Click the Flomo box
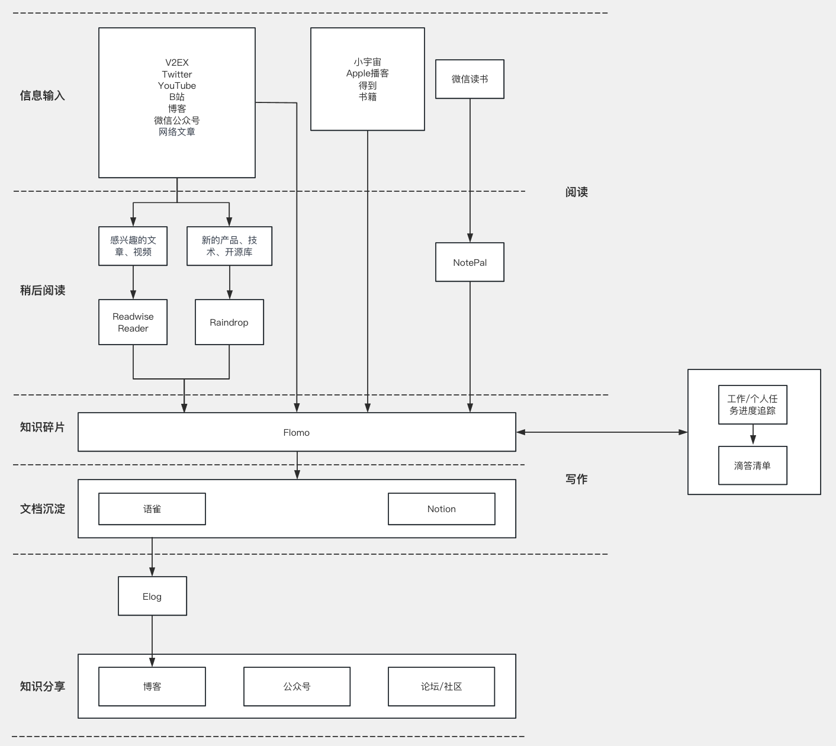click(x=297, y=432)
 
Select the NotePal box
click(x=470, y=262)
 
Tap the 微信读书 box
click(x=470, y=79)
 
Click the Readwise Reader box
click(x=133, y=322)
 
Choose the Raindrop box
click(x=229, y=322)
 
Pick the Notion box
click(x=441, y=509)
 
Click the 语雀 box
click(x=152, y=509)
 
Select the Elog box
click(x=152, y=596)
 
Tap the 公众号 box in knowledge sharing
click(x=297, y=686)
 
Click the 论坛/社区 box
click(x=441, y=686)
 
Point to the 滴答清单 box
click(x=753, y=465)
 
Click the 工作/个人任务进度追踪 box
click(x=753, y=404)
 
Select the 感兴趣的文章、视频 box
click(x=133, y=246)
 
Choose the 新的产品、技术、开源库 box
click(x=229, y=246)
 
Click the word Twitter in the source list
click(x=176, y=74)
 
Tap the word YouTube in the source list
click(x=176, y=85)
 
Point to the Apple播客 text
click(x=367, y=73)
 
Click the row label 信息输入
click(x=42, y=95)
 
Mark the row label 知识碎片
click(x=42, y=427)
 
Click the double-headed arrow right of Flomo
click(x=602, y=432)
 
